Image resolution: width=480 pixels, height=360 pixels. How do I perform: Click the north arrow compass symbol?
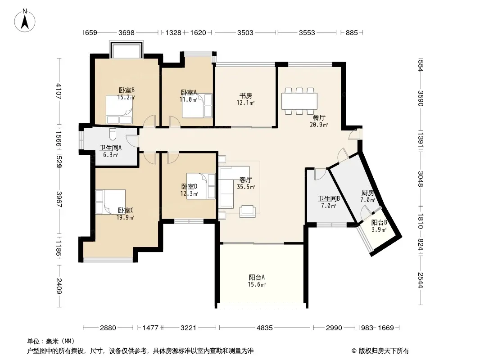click(25, 21)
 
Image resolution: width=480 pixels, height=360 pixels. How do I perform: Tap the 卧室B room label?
click(127, 90)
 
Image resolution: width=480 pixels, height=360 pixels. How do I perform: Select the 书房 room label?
click(245, 96)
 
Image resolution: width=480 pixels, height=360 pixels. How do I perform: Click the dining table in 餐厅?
click(299, 101)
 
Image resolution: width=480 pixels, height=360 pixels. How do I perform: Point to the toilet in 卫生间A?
click(113, 134)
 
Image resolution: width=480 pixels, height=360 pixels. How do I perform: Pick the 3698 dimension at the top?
click(127, 32)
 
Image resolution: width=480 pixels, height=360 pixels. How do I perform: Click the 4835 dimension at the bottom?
click(264, 328)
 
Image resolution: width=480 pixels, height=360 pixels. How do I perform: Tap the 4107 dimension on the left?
click(59, 91)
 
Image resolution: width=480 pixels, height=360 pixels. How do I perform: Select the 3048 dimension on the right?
click(421, 179)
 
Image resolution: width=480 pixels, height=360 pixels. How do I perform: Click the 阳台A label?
click(257, 277)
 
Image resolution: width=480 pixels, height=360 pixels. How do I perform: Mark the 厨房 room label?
click(367, 193)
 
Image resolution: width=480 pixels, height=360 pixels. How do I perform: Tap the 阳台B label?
click(379, 223)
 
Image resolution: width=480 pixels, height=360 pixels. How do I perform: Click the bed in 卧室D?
click(201, 186)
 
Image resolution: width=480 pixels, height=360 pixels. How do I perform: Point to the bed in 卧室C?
click(110, 202)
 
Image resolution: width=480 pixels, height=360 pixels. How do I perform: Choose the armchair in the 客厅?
click(247, 211)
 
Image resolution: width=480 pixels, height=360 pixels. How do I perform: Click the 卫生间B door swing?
click(320, 174)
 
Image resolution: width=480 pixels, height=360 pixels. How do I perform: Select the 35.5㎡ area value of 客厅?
click(246, 187)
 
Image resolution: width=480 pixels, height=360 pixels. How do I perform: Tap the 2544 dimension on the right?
click(421, 280)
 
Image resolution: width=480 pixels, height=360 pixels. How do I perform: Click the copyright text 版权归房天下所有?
click(384, 351)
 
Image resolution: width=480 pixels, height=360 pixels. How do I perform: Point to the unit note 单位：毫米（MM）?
click(51, 341)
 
